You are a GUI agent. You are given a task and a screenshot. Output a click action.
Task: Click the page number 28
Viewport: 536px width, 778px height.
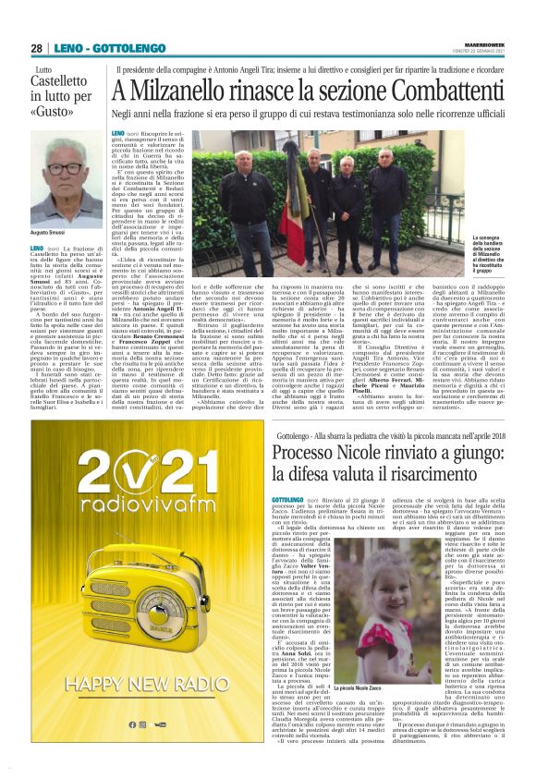coord(36,48)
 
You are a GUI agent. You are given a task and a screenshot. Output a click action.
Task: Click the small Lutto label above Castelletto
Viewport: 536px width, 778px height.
coord(43,70)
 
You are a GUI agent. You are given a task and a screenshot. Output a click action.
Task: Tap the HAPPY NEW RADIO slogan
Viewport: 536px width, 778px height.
coord(152,685)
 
